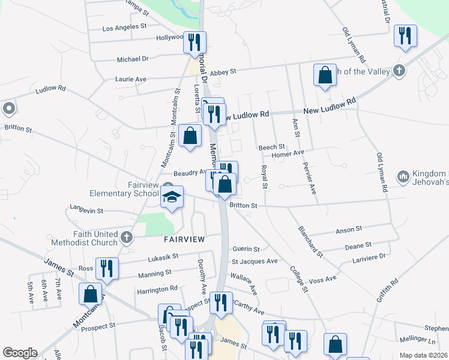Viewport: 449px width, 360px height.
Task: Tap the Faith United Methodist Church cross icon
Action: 126,238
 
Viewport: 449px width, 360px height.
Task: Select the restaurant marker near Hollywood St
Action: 194,43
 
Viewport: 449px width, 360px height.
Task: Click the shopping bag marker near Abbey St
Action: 325,76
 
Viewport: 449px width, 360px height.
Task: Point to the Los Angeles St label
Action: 125,28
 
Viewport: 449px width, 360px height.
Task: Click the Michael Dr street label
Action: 133,59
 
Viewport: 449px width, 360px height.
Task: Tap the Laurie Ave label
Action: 131,79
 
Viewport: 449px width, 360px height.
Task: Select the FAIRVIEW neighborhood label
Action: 185,239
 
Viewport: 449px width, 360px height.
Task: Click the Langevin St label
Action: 87,211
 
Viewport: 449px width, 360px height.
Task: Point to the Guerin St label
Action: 246,249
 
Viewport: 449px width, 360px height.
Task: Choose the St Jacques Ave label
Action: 255,262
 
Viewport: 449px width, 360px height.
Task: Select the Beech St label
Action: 271,147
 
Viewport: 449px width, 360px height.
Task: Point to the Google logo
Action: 20,353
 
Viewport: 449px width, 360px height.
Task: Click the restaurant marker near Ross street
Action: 107,268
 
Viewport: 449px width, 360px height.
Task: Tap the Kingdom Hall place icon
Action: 403,176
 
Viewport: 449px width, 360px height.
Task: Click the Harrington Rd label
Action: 158,289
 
